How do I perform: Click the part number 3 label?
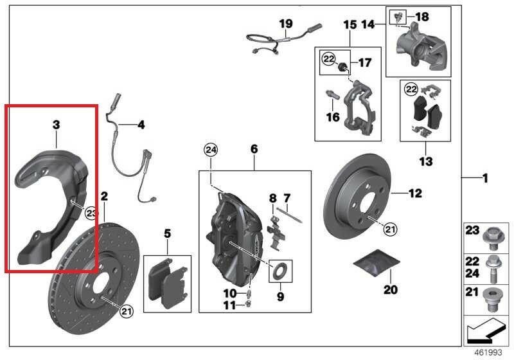pyautogui.click(x=56, y=123)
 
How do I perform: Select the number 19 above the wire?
pyautogui.click(x=285, y=24)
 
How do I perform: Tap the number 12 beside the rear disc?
pyautogui.click(x=414, y=192)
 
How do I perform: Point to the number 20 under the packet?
pyautogui.click(x=391, y=289)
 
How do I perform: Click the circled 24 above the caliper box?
pyautogui.click(x=211, y=150)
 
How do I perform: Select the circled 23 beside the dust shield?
pyautogui.click(x=91, y=213)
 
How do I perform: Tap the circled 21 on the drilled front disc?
pyautogui.click(x=126, y=312)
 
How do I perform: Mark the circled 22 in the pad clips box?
pyautogui.click(x=411, y=88)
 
